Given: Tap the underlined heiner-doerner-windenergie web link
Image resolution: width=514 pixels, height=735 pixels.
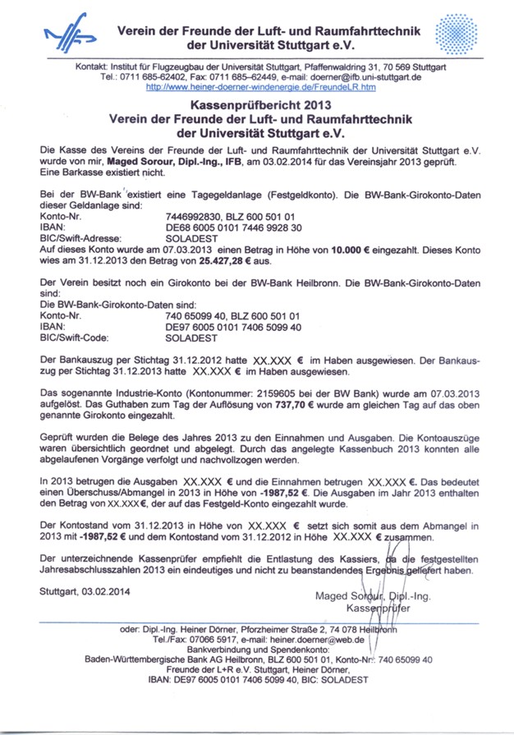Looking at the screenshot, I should [260, 86].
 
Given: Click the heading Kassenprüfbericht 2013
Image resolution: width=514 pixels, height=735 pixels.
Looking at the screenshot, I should [259, 106].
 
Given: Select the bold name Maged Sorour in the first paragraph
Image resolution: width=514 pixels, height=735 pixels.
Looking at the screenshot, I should [135, 163].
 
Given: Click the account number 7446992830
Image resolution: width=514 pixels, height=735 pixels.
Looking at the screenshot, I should [195, 216].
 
